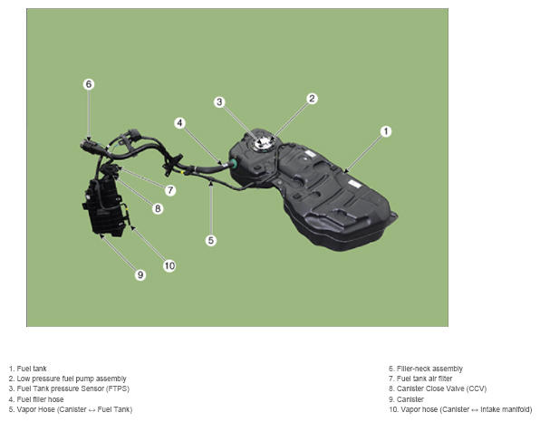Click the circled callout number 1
click(386, 131)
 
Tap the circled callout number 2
click(312, 99)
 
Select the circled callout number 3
click(219, 102)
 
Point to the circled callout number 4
click(179, 123)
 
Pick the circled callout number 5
click(211, 240)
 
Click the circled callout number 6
click(89, 84)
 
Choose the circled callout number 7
click(170, 190)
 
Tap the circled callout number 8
click(158, 208)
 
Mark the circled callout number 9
click(140, 274)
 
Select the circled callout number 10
click(169, 265)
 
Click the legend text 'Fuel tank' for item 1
click(32, 369)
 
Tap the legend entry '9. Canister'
click(407, 399)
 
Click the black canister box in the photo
click(103, 207)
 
